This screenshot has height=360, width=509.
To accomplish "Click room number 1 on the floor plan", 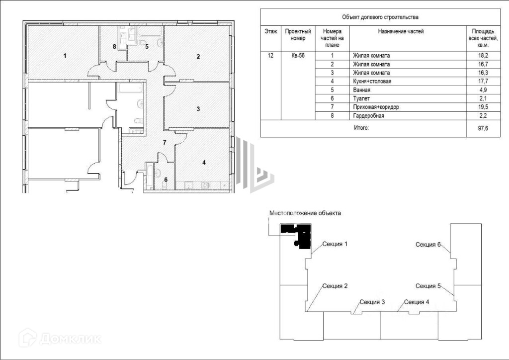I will pyautogui.click(x=65, y=55).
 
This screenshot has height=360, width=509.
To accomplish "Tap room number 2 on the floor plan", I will pyautogui.click(x=198, y=56).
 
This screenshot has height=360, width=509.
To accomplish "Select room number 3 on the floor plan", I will pyautogui.click(x=198, y=109).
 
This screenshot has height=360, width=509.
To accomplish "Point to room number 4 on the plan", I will pyautogui.click(x=203, y=162).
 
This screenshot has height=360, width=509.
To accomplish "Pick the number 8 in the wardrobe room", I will pyautogui.click(x=114, y=47).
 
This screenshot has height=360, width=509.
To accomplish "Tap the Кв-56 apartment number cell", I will pyautogui.click(x=298, y=56).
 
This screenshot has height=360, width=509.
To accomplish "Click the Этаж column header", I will pyautogui.click(x=271, y=31).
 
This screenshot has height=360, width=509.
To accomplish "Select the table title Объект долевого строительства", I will pyautogui.click(x=380, y=17).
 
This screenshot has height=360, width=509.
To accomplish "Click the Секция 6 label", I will pyautogui.click(x=428, y=244).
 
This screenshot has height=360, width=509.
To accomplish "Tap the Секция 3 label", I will pyautogui.click(x=372, y=302).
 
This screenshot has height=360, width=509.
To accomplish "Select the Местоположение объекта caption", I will pyautogui.click(x=305, y=213).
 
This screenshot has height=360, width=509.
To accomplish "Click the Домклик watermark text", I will pyautogui.click(x=70, y=339).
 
